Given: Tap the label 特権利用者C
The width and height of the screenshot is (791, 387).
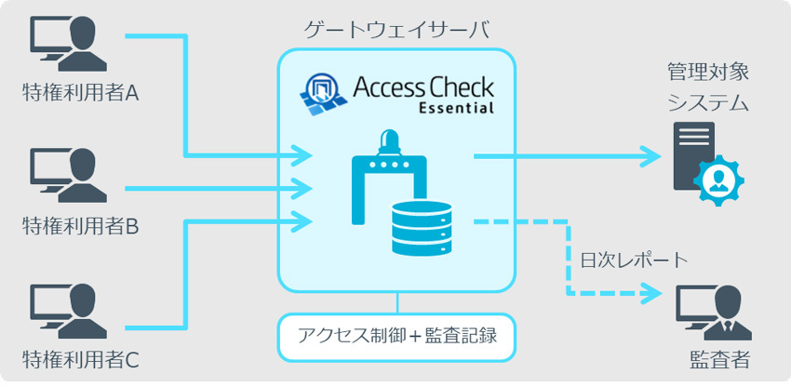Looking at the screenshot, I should tap(80, 358).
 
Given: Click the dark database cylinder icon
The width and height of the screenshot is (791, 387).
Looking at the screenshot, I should tap(421, 227).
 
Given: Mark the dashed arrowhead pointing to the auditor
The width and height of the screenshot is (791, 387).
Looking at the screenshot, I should tap(648, 293).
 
